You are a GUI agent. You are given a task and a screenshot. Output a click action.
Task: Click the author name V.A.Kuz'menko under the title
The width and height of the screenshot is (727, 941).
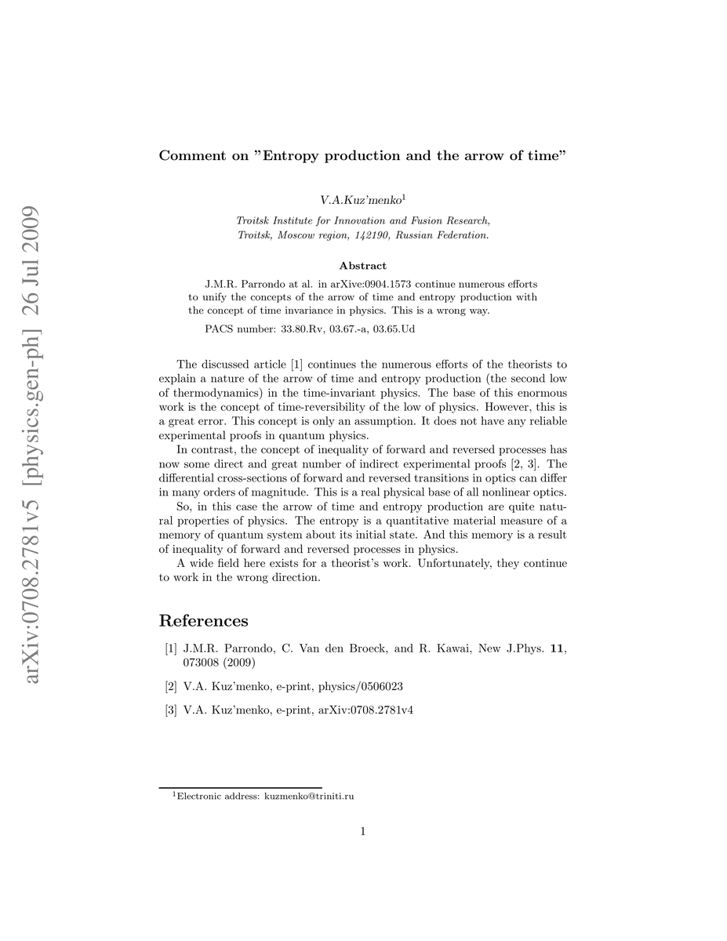click(360, 202)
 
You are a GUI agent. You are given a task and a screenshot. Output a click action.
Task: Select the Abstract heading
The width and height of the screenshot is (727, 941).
click(362, 266)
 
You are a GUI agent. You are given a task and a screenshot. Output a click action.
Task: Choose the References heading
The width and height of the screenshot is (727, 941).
click(204, 621)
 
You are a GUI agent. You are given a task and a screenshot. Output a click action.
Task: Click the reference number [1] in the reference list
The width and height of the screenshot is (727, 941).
click(170, 649)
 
